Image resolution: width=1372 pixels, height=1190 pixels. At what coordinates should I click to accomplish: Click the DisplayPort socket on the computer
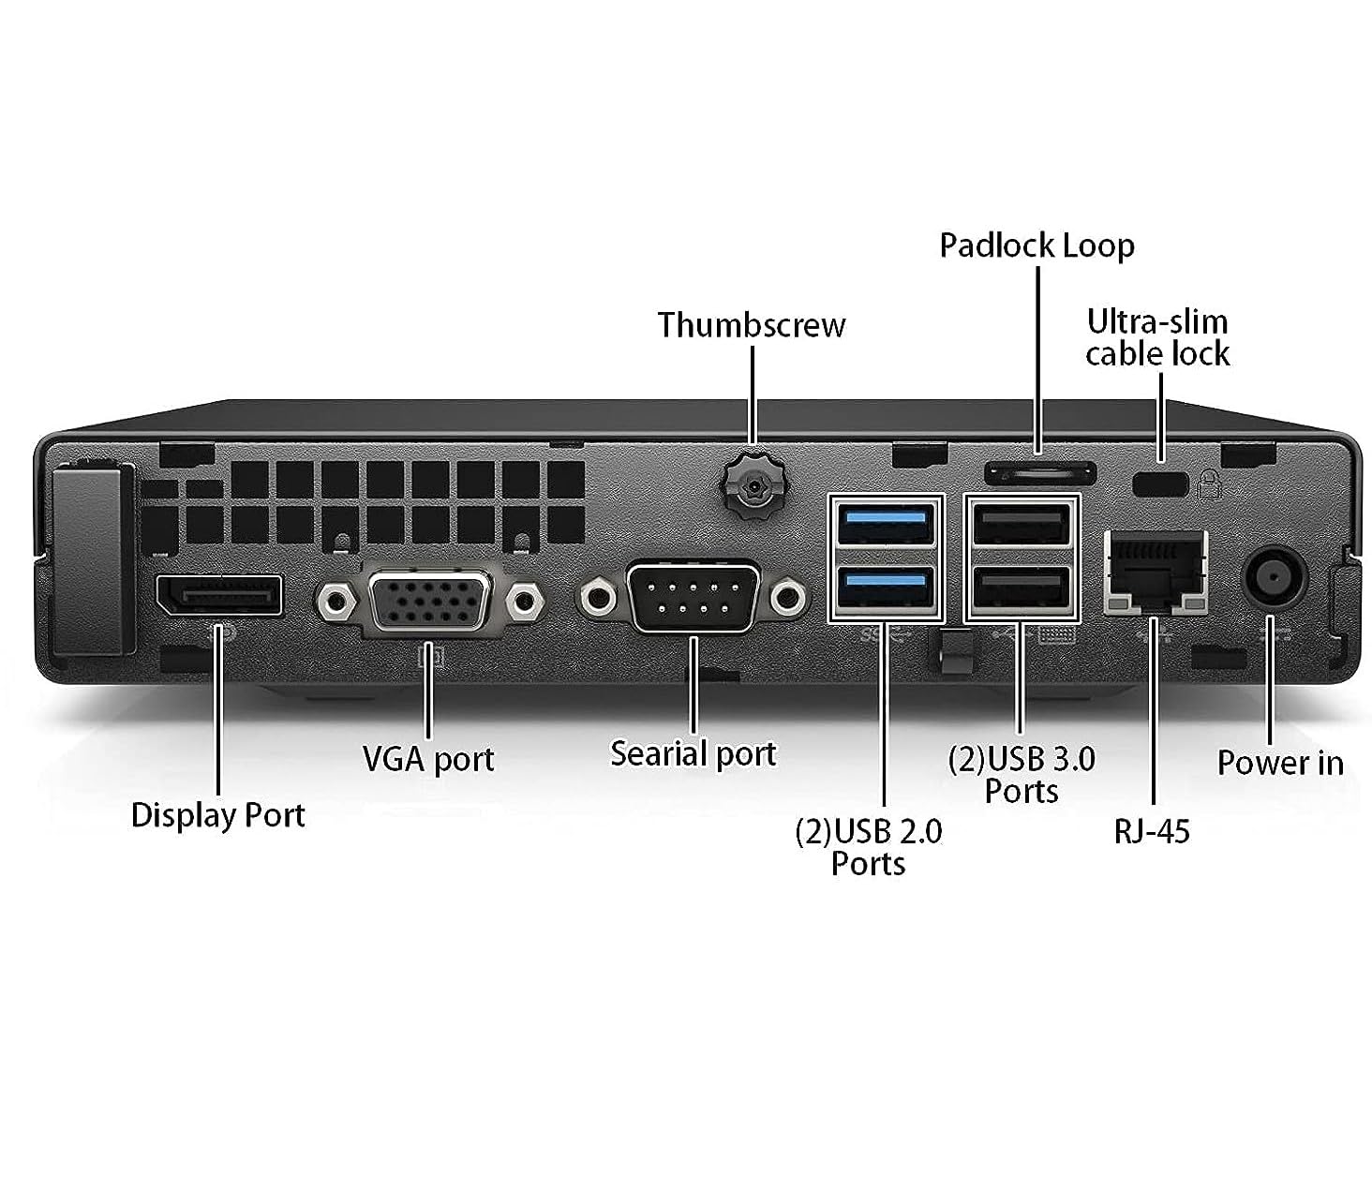pyautogui.click(x=218, y=596)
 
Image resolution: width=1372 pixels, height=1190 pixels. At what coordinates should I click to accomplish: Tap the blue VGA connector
pyautogui.click(x=430, y=601)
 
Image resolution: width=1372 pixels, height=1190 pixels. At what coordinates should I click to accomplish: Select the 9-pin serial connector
pyautogui.click(x=693, y=597)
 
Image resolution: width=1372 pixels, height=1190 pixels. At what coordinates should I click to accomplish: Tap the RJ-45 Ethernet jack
pyautogui.click(x=1155, y=572)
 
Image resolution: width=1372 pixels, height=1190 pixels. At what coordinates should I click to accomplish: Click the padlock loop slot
pyautogui.click(x=1039, y=470)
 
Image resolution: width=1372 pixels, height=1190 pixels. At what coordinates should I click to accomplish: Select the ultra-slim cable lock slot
pyautogui.click(x=1160, y=484)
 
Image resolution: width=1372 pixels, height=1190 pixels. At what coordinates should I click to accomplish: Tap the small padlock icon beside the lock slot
pyautogui.click(x=1210, y=484)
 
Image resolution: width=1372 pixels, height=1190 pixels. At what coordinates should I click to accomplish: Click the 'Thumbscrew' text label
pyautogui.click(x=751, y=325)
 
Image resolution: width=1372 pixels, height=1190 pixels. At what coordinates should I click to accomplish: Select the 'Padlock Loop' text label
pyautogui.click(x=1036, y=245)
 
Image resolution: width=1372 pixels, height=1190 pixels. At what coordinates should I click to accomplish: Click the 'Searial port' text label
pyautogui.click(x=693, y=753)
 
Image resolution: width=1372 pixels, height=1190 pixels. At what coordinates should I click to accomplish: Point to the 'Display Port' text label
pyautogui.click(x=217, y=815)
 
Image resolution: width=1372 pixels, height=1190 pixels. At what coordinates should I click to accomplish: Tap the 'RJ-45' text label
pyautogui.click(x=1151, y=831)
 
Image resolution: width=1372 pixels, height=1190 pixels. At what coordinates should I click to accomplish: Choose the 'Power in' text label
pyautogui.click(x=1279, y=763)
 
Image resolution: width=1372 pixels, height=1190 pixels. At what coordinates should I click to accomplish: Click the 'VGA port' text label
pyautogui.click(x=428, y=759)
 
